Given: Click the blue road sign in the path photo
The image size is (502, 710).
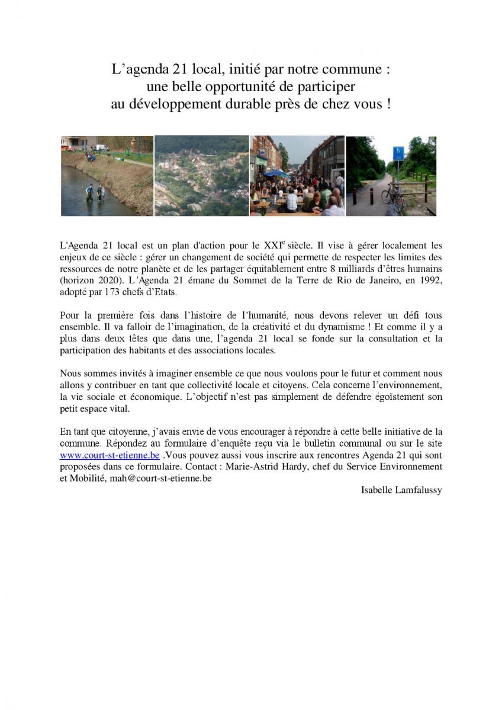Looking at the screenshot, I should tap(398, 153).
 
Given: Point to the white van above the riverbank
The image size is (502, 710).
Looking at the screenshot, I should tap(102, 147).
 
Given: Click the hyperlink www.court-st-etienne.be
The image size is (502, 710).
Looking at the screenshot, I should tap(110, 455).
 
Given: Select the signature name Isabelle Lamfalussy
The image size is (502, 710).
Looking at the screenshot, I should tap(401, 490).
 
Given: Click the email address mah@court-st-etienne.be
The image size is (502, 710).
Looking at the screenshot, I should tap(160, 478).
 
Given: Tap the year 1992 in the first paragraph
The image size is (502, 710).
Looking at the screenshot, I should tap(431, 280).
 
